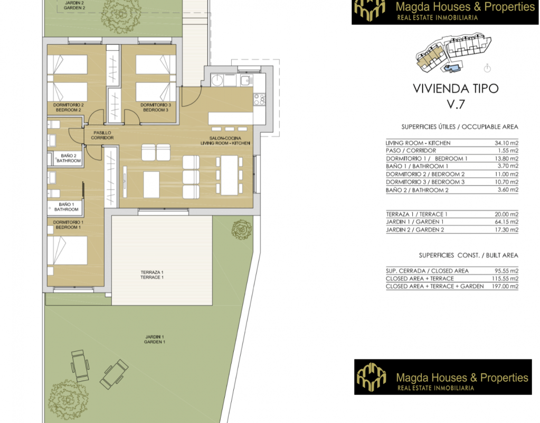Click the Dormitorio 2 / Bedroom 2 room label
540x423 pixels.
pyautogui.click(x=68, y=107)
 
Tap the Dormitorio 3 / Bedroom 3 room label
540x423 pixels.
pyautogui.click(x=155, y=107)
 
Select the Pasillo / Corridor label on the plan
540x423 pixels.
pyautogui.click(x=102, y=135)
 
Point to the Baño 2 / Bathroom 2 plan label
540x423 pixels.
pyautogui.click(x=69, y=158)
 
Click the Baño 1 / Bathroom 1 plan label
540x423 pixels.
pyautogui.click(x=66, y=207)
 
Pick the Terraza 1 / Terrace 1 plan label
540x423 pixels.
pyautogui.click(x=152, y=274)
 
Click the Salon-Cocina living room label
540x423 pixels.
pyautogui.click(x=225, y=141)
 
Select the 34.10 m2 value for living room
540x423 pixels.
pyautogui.click(x=506, y=143)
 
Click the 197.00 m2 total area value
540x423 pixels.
pyautogui.click(x=505, y=286)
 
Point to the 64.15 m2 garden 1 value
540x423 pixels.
pyautogui.click(x=506, y=222)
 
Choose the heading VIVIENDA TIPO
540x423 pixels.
pyautogui.click(x=456, y=89)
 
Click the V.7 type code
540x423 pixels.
pyautogui.click(x=456, y=104)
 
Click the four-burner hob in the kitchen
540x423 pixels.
pyautogui.click(x=259, y=99)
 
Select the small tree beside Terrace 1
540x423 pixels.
pyautogui.click(x=241, y=229)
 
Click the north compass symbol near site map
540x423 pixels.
pyautogui.click(x=487, y=68)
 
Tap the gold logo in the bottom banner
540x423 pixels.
pyautogui.click(x=371, y=377)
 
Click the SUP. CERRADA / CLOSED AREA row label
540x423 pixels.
pyautogui.click(x=427, y=271)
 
